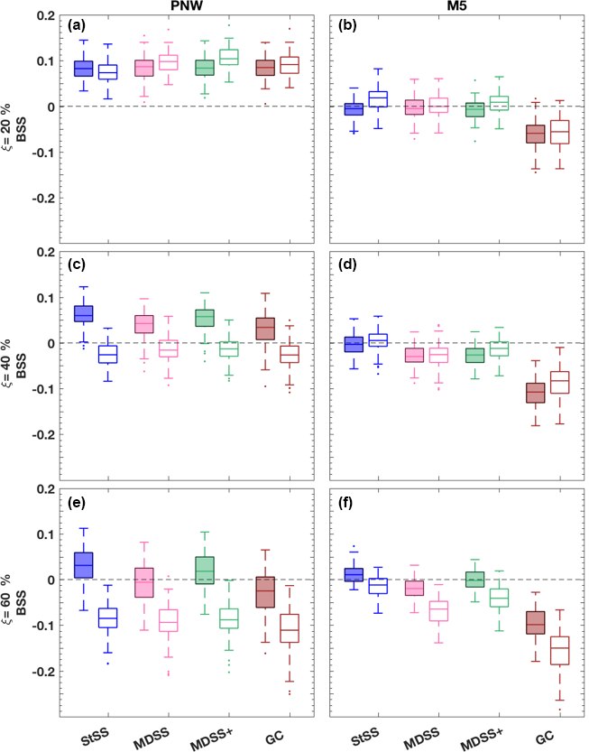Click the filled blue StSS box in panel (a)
(83, 70)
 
